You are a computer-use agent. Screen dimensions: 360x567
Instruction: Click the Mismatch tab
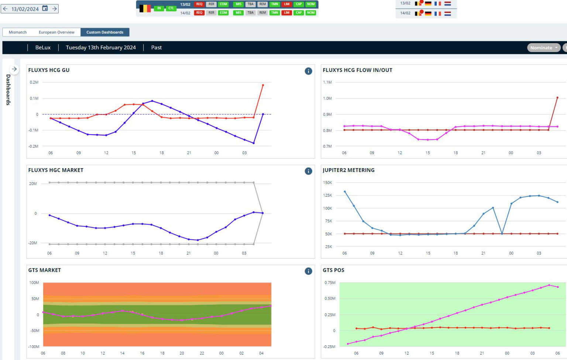pos(18,32)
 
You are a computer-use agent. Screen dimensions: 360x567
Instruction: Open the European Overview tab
pos(56,32)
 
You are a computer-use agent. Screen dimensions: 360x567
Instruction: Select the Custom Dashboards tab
pos(105,32)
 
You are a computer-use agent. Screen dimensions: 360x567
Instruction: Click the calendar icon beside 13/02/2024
pos(45,8)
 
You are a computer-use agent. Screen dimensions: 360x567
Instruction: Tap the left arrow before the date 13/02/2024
pos(5,8)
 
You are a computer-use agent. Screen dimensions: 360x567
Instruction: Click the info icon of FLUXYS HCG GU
pos(308,71)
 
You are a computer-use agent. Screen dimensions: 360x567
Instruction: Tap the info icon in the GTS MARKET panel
pos(308,271)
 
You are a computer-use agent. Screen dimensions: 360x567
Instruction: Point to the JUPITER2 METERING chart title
pos(348,170)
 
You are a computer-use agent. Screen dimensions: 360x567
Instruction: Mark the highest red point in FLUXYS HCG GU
pos(263,85)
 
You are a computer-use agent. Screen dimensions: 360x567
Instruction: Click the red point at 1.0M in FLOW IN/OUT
pos(557,98)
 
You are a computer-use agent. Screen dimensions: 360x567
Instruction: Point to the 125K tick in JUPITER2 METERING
pos(327,195)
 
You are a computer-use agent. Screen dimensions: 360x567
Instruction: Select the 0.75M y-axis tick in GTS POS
pos(330,283)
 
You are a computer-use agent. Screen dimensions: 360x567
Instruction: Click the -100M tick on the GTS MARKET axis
pos(34,346)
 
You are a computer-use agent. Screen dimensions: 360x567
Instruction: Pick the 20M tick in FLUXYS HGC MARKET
pos(33,183)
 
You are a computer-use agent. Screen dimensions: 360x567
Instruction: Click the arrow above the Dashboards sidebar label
pos(14,69)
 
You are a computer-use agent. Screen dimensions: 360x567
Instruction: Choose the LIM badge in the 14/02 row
pos(286,13)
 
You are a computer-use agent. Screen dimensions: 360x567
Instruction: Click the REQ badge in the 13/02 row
pos(199,4)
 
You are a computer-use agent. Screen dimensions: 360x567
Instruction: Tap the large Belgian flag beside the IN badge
pos(145,8)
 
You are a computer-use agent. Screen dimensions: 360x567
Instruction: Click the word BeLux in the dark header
pos(43,48)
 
